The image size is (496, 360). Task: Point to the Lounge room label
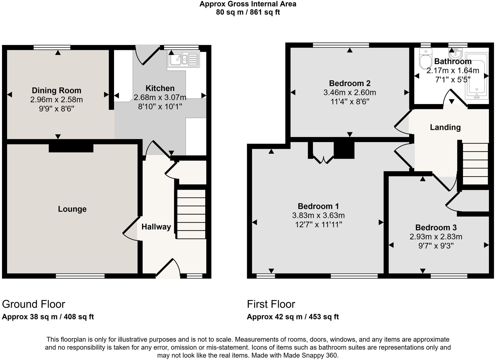[72, 209]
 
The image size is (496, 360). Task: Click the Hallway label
[156, 227]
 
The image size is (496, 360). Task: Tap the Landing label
[445, 127]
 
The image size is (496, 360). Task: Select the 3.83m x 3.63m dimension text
[318, 216]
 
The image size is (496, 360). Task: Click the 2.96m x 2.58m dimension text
[56, 100]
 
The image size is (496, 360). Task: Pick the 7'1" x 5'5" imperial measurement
[453, 80]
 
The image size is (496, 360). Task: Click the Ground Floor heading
[33, 304]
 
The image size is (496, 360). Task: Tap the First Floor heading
[271, 304]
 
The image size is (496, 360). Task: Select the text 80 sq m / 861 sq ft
[248, 12]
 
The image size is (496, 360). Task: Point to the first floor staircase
[475, 164]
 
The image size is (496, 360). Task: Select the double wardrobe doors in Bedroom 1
[323, 160]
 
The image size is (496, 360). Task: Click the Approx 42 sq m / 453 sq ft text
[293, 317]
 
